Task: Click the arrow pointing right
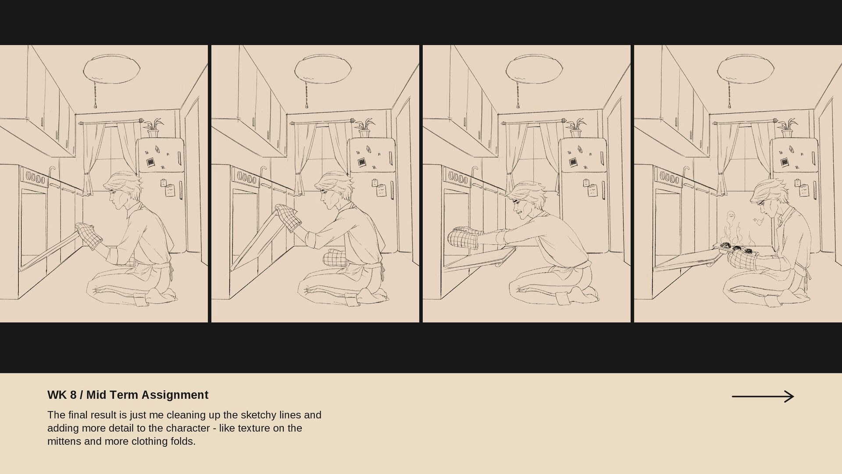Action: click(763, 396)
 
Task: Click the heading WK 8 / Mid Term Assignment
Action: click(128, 395)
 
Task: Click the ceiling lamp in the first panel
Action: click(112, 68)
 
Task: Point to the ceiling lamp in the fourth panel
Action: click(746, 68)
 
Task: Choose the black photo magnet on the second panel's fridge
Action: click(362, 162)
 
